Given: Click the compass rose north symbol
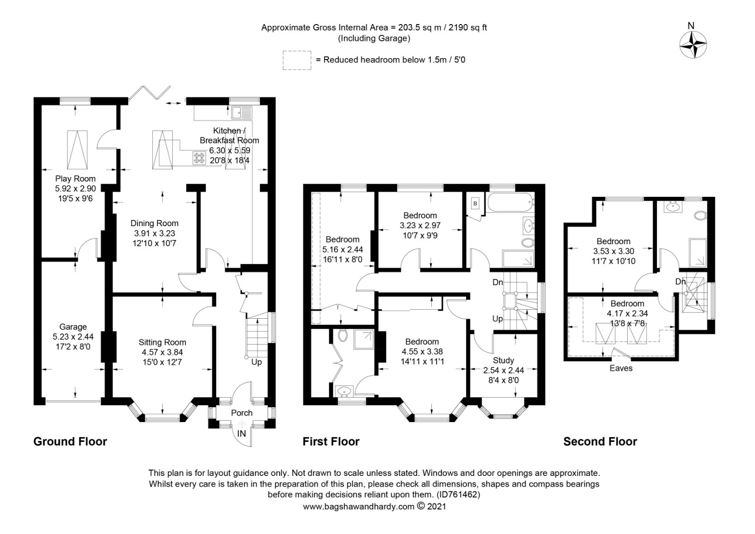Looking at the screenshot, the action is coord(693,45).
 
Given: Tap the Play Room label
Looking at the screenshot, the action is coord(75,178).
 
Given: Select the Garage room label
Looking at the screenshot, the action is coord(73,327).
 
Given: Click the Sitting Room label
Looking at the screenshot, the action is coord(162,342).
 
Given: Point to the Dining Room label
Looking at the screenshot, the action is coord(154,223).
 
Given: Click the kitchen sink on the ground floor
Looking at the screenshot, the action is coord(242,112).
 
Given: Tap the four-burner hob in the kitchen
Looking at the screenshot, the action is coord(199,158).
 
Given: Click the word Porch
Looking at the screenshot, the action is coord(242,413).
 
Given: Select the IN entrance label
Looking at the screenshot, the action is coord(242,433).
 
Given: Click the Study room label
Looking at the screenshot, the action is coord(503,360).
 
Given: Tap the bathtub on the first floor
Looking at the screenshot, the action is coord(511,203).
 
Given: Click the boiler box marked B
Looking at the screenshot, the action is coord(475,203).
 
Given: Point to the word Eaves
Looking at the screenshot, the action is coord(621,368).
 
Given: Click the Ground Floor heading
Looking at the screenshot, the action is coord(70,441).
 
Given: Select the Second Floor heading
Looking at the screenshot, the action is coord(600,441).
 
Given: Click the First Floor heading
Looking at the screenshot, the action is coord(331,441).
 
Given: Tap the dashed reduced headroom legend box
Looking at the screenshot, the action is coord(297,60).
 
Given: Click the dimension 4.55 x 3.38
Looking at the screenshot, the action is coord(422,352).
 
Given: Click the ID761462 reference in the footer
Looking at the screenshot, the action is coord(458,494).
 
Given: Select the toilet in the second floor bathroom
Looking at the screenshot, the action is coord(700,216).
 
